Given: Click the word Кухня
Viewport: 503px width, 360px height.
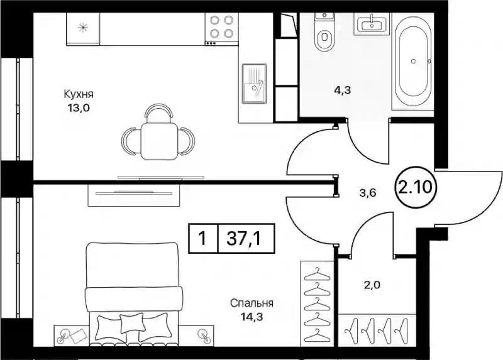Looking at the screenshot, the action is pyautogui.click(x=79, y=95).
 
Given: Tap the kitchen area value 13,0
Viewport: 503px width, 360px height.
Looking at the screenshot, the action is pyautogui.click(x=78, y=108).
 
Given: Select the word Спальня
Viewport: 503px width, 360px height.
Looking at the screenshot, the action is pyautogui.click(x=252, y=303).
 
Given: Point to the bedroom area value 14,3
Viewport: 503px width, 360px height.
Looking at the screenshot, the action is pyautogui.click(x=252, y=317).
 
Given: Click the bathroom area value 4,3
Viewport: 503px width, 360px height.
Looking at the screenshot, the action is pyautogui.click(x=343, y=90).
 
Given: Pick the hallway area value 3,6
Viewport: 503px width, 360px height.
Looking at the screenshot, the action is pyautogui.click(x=367, y=193).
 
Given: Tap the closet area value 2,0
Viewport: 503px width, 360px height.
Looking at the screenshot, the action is pyautogui.click(x=372, y=284).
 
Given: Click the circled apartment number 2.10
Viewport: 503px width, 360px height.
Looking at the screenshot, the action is pyautogui.click(x=415, y=187).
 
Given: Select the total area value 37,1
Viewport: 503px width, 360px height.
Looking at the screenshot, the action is pyautogui.click(x=243, y=239).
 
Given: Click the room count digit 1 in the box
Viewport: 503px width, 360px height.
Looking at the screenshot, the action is pyautogui.click(x=202, y=239).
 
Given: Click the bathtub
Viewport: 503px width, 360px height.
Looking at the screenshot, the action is pyautogui.click(x=412, y=61).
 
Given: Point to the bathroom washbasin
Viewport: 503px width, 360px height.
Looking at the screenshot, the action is pyautogui.click(x=372, y=23).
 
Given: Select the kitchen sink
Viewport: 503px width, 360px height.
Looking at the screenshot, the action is pyautogui.click(x=254, y=84).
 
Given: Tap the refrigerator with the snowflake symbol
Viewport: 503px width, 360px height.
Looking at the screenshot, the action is pyautogui.click(x=83, y=28).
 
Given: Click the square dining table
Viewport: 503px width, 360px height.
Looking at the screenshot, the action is pyautogui.click(x=160, y=141).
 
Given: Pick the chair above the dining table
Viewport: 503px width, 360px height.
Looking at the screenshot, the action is pyautogui.click(x=160, y=113).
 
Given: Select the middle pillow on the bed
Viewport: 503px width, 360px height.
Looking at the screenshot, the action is pyautogui.click(x=133, y=324).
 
